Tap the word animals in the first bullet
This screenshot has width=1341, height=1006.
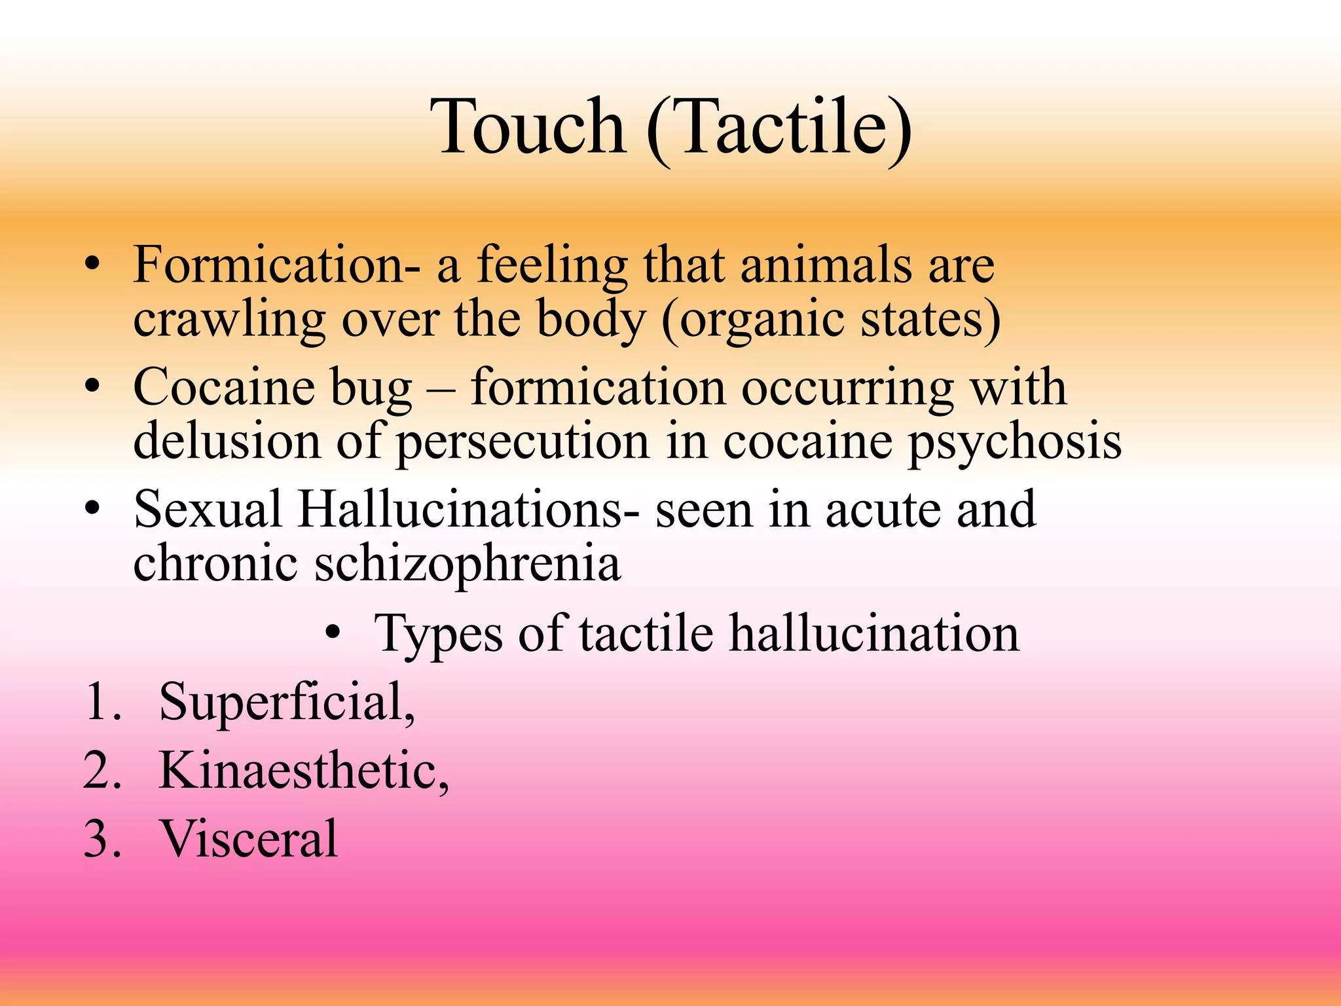(826, 265)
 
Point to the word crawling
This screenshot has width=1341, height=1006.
(229, 321)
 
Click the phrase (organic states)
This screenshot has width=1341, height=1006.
(830, 321)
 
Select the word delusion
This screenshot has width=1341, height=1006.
(227, 440)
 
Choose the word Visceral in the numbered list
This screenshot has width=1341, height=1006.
(249, 839)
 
